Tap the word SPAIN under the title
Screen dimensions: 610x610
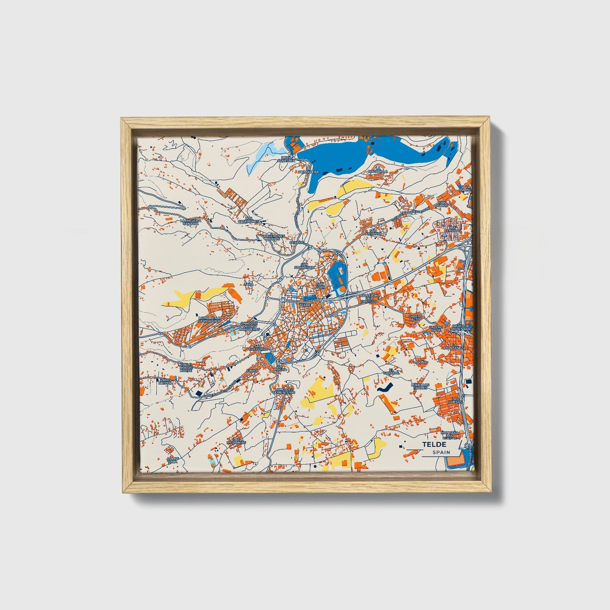point(441,452)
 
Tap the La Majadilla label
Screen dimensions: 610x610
point(377,170)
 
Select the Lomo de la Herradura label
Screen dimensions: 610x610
point(209,320)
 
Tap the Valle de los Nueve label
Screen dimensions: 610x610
point(186,367)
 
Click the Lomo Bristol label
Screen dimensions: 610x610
point(165,382)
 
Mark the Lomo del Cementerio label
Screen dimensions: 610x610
point(283,390)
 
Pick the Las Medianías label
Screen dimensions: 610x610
point(236,441)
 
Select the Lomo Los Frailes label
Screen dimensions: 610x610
point(420,386)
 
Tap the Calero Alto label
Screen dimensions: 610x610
point(415,317)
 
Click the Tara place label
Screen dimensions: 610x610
point(249,285)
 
